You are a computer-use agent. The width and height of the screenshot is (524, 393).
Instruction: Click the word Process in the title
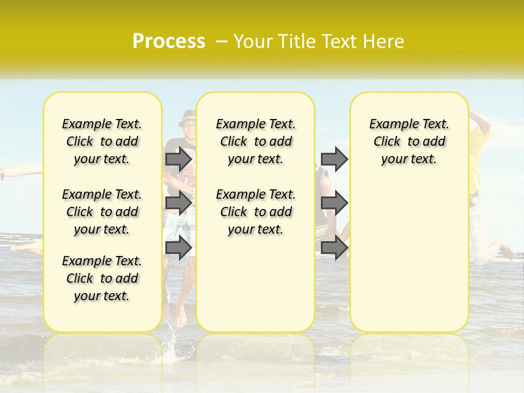(x=169, y=41)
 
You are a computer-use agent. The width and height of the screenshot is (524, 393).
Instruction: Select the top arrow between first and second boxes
(x=178, y=159)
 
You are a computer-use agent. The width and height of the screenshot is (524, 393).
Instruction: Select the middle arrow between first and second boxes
(x=178, y=203)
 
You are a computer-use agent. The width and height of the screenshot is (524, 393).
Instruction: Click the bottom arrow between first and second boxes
(x=178, y=248)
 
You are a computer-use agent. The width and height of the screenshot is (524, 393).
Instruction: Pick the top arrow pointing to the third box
(x=334, y=159)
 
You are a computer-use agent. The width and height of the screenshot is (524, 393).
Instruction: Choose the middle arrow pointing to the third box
(x=334, y=203)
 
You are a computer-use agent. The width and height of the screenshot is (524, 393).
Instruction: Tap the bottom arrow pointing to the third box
(x=334, y=248)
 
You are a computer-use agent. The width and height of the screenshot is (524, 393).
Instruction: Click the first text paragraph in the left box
(x=102, y=141)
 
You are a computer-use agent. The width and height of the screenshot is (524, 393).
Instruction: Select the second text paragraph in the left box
(x=102, y=212)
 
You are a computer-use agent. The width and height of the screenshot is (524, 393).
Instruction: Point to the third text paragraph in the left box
(x=102, y=278)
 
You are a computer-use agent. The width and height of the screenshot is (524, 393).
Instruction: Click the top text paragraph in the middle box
(x=256, y=141)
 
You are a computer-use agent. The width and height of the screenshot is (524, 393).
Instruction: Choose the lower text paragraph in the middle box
(x=256, y=212)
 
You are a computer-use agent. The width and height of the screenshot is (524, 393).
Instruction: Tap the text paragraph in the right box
(x=409, y=141)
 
